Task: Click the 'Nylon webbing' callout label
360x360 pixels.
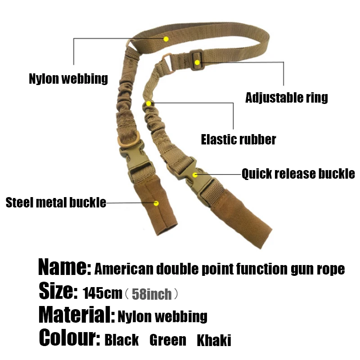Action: (x=68, y=79)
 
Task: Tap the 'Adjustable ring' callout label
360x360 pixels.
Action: (x=287, y=97)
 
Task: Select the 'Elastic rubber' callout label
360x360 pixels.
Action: (x=238, y=139)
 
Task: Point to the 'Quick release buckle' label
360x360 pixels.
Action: (x=298, y=174)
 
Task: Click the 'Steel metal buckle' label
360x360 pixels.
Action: (x=56, y=202)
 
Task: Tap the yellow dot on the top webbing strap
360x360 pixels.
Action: (x=166, y=39)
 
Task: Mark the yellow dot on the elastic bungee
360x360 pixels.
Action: (x=149, y=103)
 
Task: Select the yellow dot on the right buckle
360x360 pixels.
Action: (x=195, y=175)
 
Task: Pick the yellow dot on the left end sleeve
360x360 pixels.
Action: (x=156, y=203)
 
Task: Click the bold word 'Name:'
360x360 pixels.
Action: (x=65, y=268)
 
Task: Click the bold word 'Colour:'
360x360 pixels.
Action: (x=70, y=338)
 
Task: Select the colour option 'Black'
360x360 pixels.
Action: (x=121, y=340)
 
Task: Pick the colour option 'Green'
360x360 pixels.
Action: (x=167, y=340)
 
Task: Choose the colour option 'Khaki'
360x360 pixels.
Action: (x=214, y=340)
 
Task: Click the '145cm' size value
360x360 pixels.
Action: (x=103, y=294)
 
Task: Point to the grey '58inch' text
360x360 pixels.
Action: (x=152, y=294)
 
